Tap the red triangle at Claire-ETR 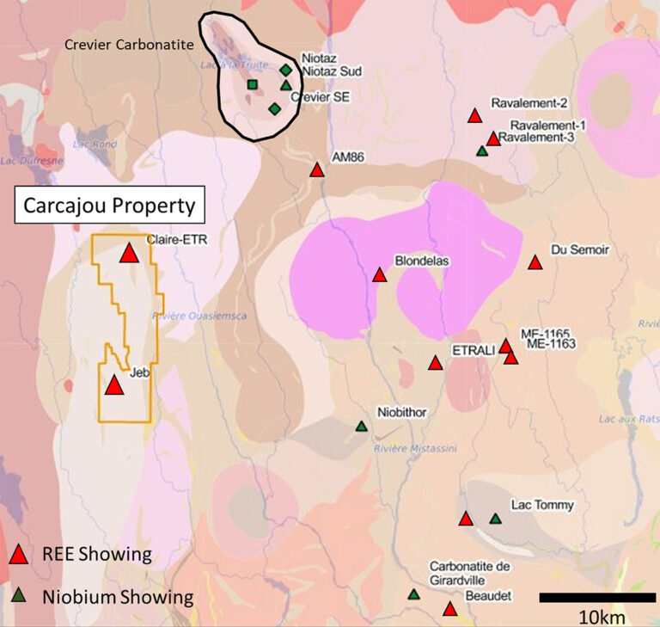pos(129,253)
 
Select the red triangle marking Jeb pos(113,386)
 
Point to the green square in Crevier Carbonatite pos(253,84)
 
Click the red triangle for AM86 pos(316,170)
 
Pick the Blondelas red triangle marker pos(379,275)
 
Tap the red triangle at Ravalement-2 pos(474,115)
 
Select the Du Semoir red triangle pos(535,262)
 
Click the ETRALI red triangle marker pos(435,363)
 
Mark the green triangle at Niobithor pos(362,427)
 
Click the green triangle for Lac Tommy pos(495,519)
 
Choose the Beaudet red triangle pos(449,609)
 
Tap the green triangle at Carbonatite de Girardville pos(413,594)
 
